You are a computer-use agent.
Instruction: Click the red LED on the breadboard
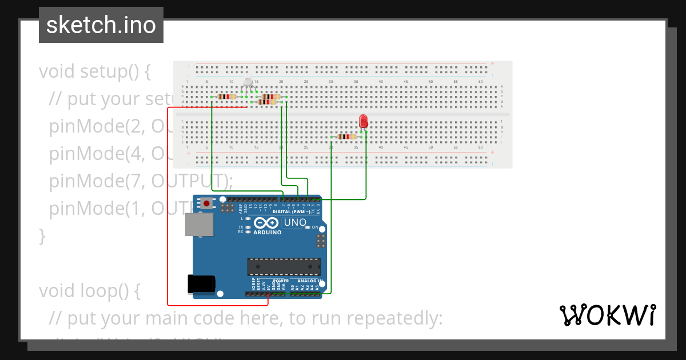[x=363, y=121]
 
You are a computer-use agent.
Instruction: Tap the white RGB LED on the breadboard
[x=248, y=83]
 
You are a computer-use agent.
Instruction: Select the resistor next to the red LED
[x=346, y=137]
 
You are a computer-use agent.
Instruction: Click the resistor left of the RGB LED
[x=227, y=97]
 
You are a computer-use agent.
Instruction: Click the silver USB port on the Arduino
[x=199, y=225]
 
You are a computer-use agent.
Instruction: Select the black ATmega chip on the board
[x=284, y=267]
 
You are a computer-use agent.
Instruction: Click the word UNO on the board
[x=296, y=222]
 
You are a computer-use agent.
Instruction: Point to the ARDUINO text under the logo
[x=267, y=233]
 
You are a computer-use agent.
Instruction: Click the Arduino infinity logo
[x=267, y=223]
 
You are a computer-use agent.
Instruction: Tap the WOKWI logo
[x=607, y=315]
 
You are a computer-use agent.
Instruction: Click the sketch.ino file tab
[x=101, y=25]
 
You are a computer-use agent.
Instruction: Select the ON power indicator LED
[x=308, y=227]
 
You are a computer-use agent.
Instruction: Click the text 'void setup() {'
[x=95, y=71]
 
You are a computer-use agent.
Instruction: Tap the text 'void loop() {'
[x=89, y=290]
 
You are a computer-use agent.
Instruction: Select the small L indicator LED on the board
[x=248, y=219]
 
